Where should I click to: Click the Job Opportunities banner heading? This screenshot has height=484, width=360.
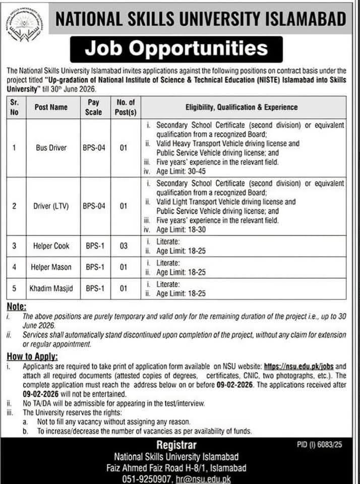[x=176, y=49]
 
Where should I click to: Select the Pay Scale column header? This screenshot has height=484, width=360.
[x=94, y=107]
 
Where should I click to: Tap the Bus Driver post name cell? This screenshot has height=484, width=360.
[x=51, y=148]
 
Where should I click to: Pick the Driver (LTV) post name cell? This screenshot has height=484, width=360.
[x=51, y=206]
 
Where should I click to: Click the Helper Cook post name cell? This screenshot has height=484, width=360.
[x=51, y=246]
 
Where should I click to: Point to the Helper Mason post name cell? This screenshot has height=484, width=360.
[x=51, y=267]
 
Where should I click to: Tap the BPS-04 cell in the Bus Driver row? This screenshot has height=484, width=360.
[x=94, y=148]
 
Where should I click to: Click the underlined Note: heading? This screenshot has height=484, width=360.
[x=17, y=307]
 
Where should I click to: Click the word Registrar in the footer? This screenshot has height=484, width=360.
[x=176, y=446]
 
